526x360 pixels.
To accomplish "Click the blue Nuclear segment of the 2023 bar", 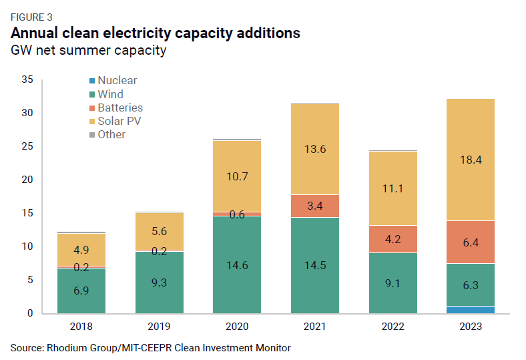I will coord(471,310).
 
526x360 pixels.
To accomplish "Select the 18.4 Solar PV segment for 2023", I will coord(471,160).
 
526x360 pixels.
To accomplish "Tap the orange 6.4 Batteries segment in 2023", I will coord(471,242).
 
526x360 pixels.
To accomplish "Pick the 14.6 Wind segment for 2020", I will coord(237,264).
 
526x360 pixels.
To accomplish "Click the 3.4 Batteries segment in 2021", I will coord(314,206).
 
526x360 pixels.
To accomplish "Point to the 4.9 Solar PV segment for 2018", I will coord(81,249).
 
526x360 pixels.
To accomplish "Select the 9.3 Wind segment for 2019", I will coord(159,282).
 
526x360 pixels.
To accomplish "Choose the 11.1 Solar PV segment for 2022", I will coord(392,188).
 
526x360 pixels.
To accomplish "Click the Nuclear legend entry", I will coord(117,81).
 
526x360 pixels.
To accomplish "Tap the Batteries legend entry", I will coord(120,108).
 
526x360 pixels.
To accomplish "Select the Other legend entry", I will coord(111,134).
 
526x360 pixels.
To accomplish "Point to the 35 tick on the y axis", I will coord(27,79).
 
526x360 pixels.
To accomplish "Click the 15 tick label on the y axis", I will coord(27,213).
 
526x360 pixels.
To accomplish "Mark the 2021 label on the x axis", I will coord(314,327).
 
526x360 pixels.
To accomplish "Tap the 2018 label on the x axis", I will coord(81,327).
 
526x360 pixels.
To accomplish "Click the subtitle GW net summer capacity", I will coord(88,51).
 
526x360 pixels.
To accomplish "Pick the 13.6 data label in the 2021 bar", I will coord(314,149).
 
